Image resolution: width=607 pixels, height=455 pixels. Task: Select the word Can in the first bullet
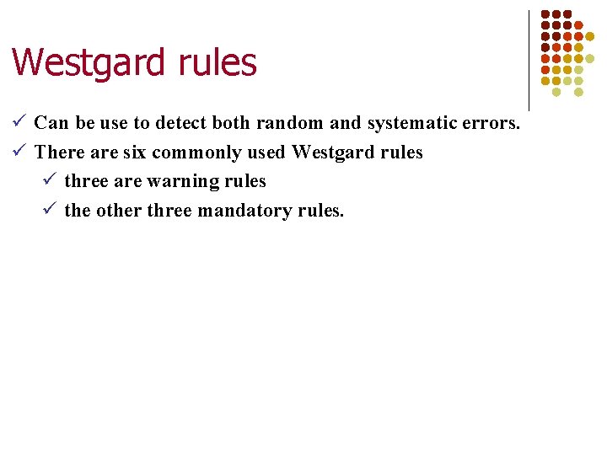[x=51, y=123]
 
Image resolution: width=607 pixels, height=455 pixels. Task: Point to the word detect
[x=179, y=123]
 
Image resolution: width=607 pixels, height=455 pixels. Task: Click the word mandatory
[x=245, y=211]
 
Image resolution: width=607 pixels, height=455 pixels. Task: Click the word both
[x=231, y=123]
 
